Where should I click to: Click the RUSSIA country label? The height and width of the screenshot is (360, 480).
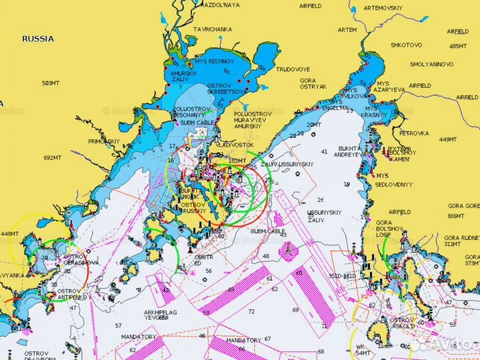pyautogui.click(x=38, y=39)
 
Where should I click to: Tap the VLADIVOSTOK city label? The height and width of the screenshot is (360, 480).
pyautogui.click(x=235, y=145)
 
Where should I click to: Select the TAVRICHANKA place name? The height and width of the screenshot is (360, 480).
pyautogui.click(x=212, y=29)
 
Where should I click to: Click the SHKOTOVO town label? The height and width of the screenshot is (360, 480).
pyautogui.click(x=406, y=45)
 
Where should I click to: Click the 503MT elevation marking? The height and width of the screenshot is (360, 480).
pyautogui.click(x=51, y=83)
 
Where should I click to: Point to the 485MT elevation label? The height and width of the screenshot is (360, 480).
pyautogui.click(x=458, y=46)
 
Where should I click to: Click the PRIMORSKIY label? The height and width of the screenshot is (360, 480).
pyautogui.click(x=103, y=141)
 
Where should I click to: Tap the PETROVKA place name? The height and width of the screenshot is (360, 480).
pyautogui.click(x=413, y=133)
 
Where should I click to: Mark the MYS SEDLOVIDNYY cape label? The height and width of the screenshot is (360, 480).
pyautogui.click(x=394, y=179)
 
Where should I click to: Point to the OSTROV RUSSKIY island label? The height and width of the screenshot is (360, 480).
pyautogui.click(x=193, y=208)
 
